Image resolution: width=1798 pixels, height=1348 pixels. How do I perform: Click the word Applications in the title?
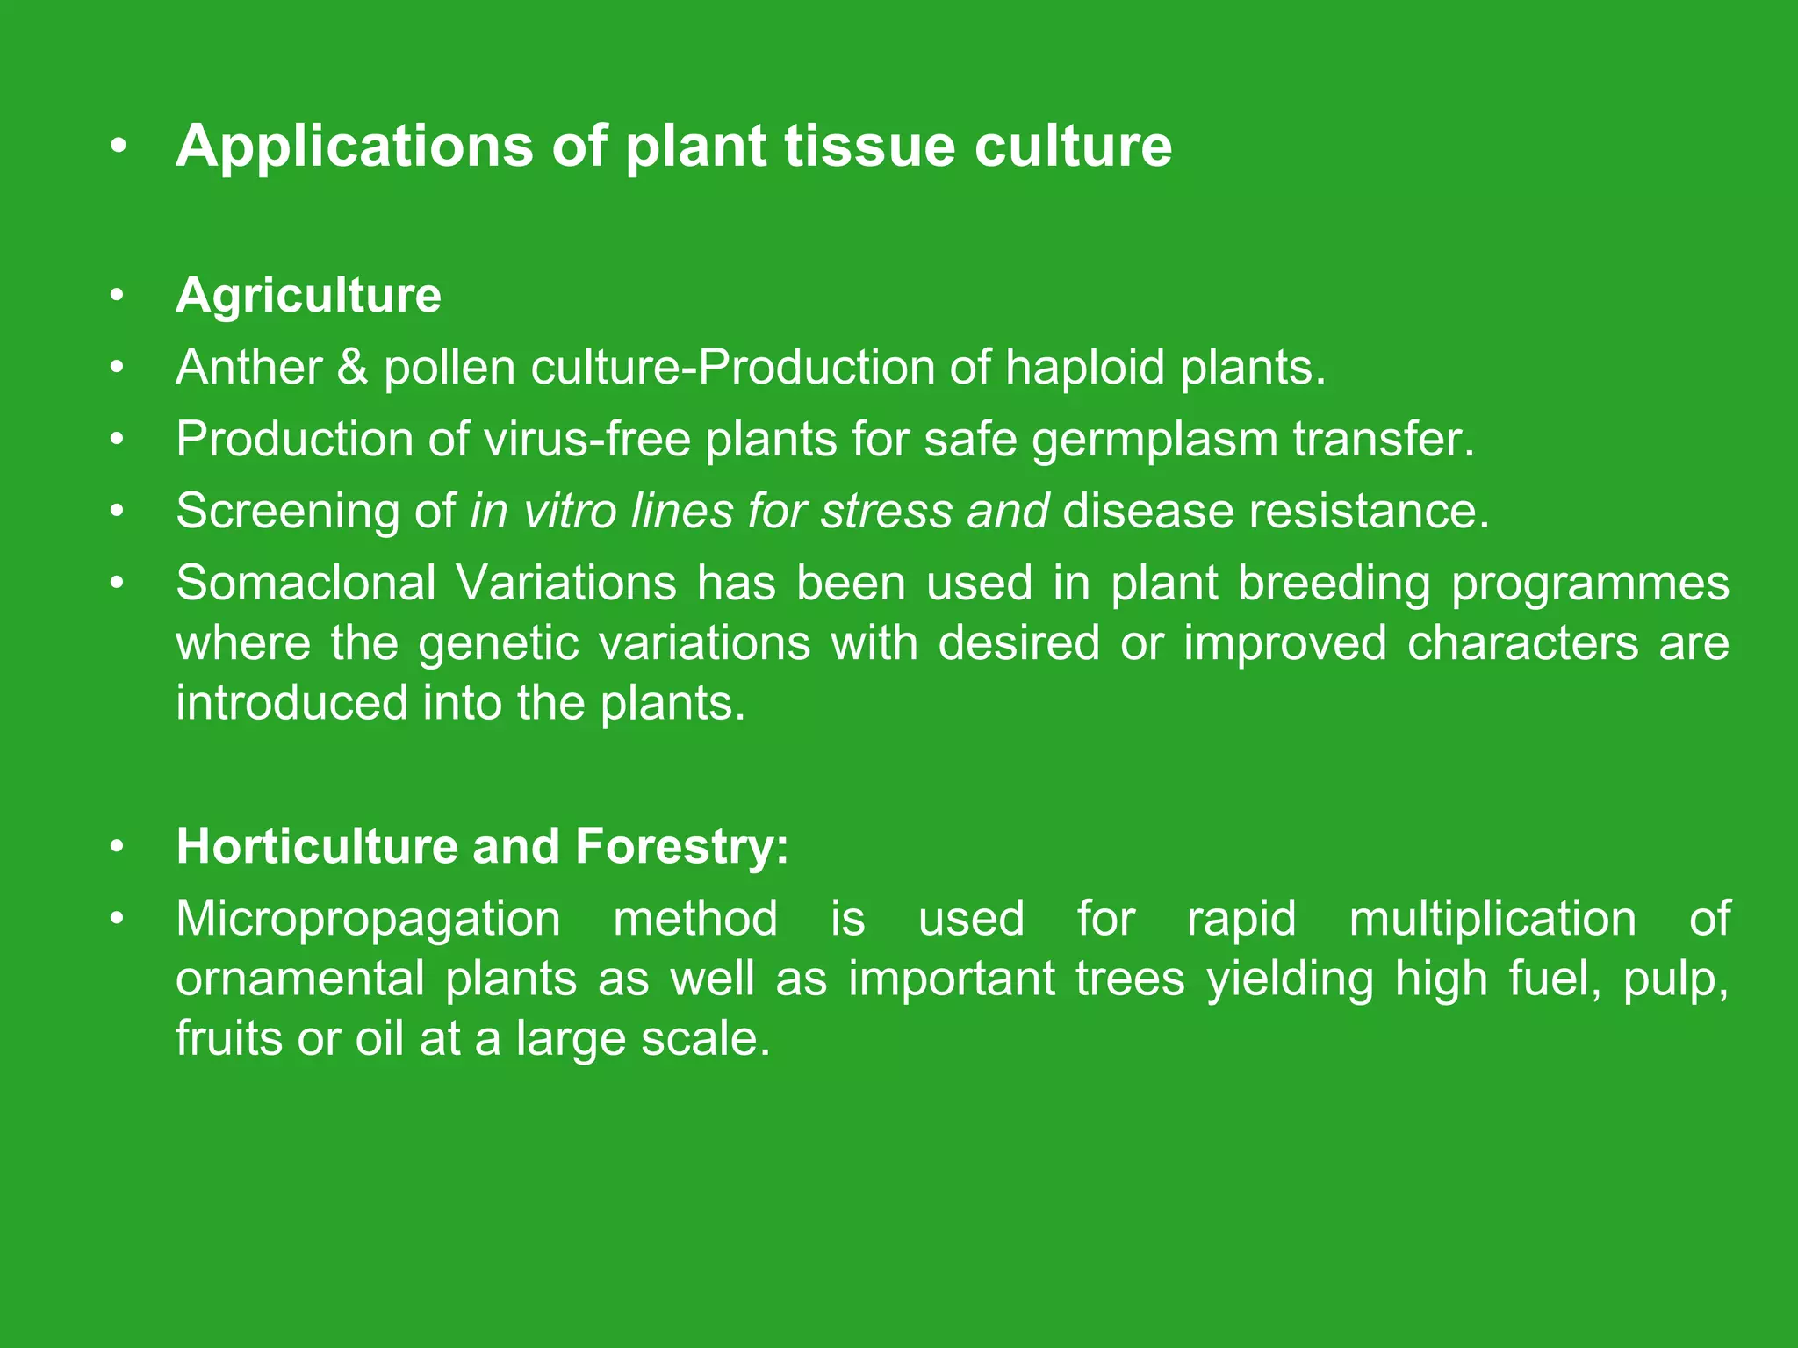[354, 146]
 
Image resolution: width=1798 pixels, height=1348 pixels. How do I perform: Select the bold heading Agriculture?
[308, 295]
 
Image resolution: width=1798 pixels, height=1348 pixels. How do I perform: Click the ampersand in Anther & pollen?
[352, 367]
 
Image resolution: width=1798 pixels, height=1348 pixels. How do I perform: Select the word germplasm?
[1154, 441]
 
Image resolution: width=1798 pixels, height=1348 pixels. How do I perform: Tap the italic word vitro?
[567, 511]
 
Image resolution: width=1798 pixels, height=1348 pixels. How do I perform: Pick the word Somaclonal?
[306, 583]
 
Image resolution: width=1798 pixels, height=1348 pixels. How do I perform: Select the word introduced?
[291, 704]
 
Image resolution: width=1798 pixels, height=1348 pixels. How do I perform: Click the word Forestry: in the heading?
[682, 847]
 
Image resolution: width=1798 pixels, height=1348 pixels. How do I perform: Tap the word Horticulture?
[317, 847]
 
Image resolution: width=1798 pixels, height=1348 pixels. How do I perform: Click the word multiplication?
[1492, 920]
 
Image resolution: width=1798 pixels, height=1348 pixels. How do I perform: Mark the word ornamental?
[300, 979]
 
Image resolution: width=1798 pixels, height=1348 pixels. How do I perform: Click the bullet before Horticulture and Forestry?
[118, 847]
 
